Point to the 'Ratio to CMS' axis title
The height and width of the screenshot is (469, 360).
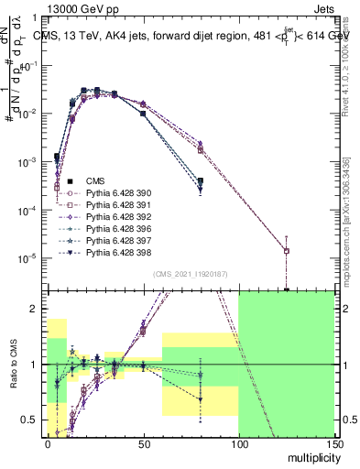(x=12, y=365)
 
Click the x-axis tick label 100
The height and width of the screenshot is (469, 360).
(x=238, y=444)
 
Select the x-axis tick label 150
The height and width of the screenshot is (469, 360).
(x=333, y=444)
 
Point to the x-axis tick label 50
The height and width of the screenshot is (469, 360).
(x=142, y=444)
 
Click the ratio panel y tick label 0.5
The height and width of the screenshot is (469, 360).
(x=32, y=420)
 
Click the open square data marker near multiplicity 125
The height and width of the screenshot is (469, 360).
(x=287, y=251)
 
